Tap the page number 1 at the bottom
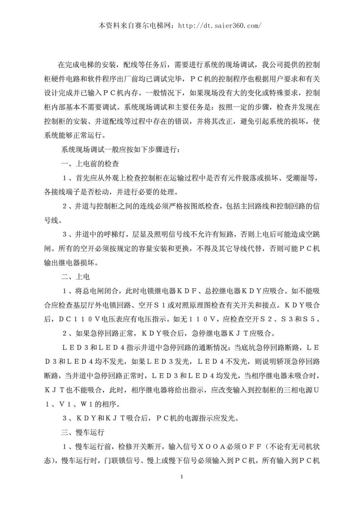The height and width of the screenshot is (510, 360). coord(182,477)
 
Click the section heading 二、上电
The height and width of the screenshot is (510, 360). coord(75,277)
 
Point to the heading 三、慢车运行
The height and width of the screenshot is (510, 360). coord(83,432)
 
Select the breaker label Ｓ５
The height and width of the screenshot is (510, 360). coord(312,319)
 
